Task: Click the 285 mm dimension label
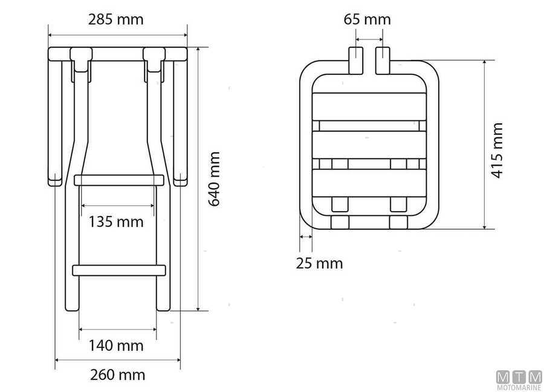pyautogui.click(x=115, y=19)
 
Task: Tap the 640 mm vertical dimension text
pyautogui.click(x=215, y=179)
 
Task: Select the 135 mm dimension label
pyautogui.click(x=116, y=222)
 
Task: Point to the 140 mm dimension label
pyautogui.click(x=116, y=346)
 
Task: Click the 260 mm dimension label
pyautogui.click(x=118, y=375)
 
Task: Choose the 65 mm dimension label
pyautogui.click(x=367, y=19)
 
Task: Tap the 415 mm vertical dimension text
pyautogui.click(x=497, y=151)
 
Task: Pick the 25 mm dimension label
pyautogui.click(x=319, y=264)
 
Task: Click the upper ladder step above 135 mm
pyautogui.click(x=118, y=180)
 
